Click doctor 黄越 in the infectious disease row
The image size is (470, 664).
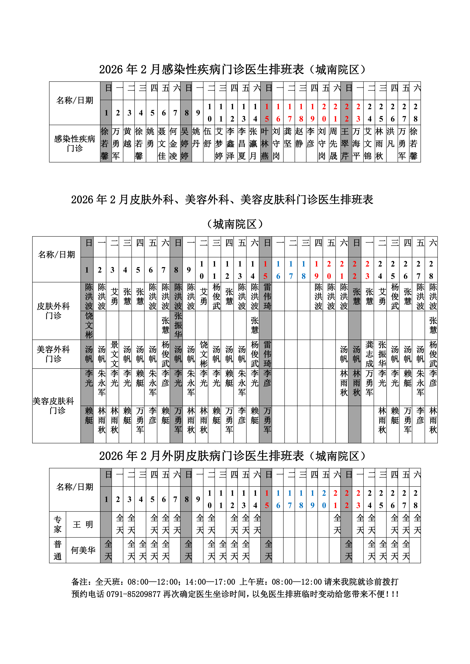click(127, 143)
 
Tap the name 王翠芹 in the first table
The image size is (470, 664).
click(345, 143)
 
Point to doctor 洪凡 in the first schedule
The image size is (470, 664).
click(391, 137)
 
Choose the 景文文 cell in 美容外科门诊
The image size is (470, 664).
click(115, 354)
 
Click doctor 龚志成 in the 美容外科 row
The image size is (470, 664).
click(369, 354)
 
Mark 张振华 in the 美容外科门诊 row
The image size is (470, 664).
click(382, 354)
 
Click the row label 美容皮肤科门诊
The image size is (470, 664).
click(54, 405)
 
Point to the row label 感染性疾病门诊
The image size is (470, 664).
click(75, 143)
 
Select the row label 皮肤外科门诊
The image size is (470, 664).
click(54, 311)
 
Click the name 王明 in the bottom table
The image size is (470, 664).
click(83, 524)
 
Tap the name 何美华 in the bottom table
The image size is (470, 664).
click(83, 550)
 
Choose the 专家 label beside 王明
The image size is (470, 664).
click(58, 524)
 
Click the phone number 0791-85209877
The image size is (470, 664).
click(133, 594)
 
